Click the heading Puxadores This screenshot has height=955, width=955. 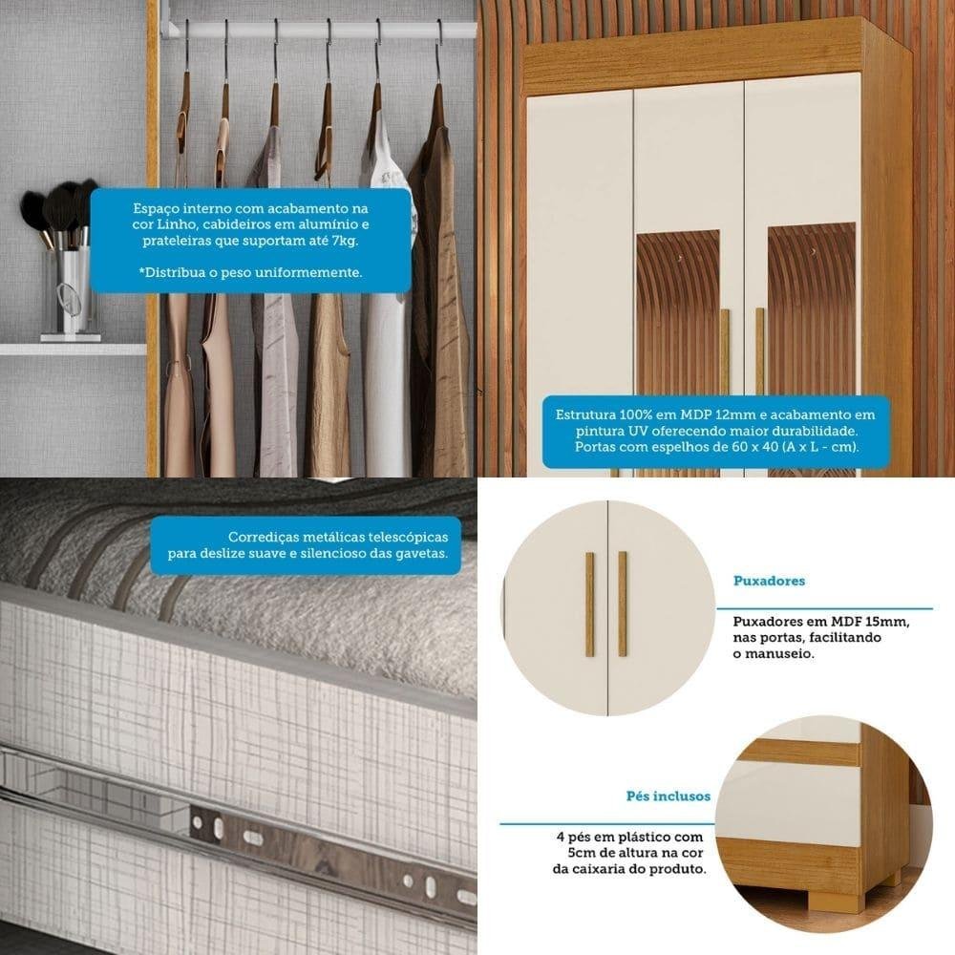click(769, 581)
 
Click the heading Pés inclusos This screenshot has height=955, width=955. click(668, 796)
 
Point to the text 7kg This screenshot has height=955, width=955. click(345, 241)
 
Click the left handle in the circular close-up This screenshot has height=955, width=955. click(589, 605)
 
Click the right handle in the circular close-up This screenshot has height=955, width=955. click(623, 605)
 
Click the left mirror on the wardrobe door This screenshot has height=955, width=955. click(678, 317)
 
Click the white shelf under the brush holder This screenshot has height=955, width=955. click(74, 349)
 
